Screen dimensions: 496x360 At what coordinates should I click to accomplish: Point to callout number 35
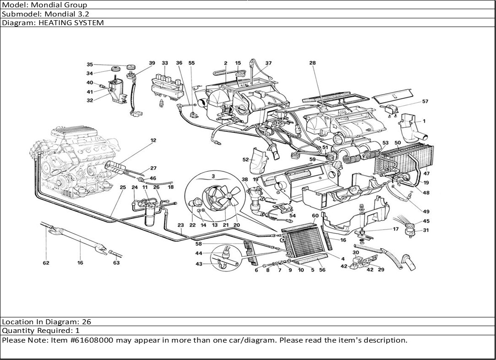[x=90, y=65]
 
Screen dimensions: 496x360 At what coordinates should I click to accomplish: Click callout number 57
[x=425, y=101]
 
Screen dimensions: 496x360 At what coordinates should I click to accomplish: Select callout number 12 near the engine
[x=153, y=140]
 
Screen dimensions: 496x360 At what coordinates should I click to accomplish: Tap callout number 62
[x=46, y=262]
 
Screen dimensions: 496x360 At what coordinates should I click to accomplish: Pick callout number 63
[x=116, y=262]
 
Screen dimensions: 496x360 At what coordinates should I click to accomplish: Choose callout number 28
[x=312, y=63]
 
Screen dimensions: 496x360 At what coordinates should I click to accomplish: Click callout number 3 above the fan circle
[x=213, y=176]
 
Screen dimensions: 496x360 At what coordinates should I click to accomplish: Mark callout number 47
[x=426, y=173]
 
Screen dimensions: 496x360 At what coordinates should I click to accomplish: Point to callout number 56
[x=322, y=270]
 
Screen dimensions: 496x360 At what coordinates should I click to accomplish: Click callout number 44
[x=199, y=253]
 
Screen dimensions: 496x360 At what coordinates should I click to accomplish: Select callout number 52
[x=246, y=160]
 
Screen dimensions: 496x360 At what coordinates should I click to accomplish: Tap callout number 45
[x=426, y=221]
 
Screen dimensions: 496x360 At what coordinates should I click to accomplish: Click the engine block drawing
[x=76, y=161]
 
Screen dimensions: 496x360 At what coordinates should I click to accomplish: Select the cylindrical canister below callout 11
[x=149, y=216]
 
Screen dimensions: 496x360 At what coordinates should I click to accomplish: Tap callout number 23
[x=180, y=225]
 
